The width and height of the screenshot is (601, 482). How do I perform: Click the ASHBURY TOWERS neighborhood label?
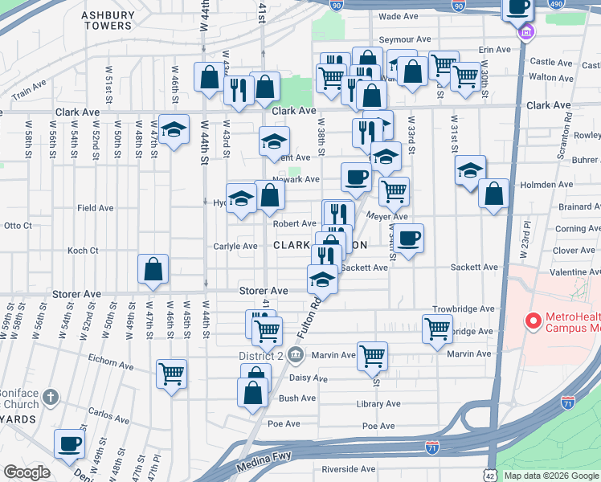[x=107, y=20]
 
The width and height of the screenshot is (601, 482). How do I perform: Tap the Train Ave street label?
[x=28, y=93]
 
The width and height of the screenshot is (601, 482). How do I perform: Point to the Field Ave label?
[x=95, y=208]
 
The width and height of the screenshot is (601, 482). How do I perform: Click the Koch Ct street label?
[x=83, y=251]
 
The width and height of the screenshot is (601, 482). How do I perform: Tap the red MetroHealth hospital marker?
[x=532, y=321]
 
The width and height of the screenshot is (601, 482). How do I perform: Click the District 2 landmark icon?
[x=295, y=354]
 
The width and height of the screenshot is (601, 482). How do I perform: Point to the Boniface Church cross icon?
[x=50, y=397]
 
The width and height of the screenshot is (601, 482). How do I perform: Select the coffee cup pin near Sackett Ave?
[x=408, y=238]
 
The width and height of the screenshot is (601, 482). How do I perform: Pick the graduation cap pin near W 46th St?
[x=173, y=130]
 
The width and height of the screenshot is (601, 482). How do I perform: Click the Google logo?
[x=27, y=472]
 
